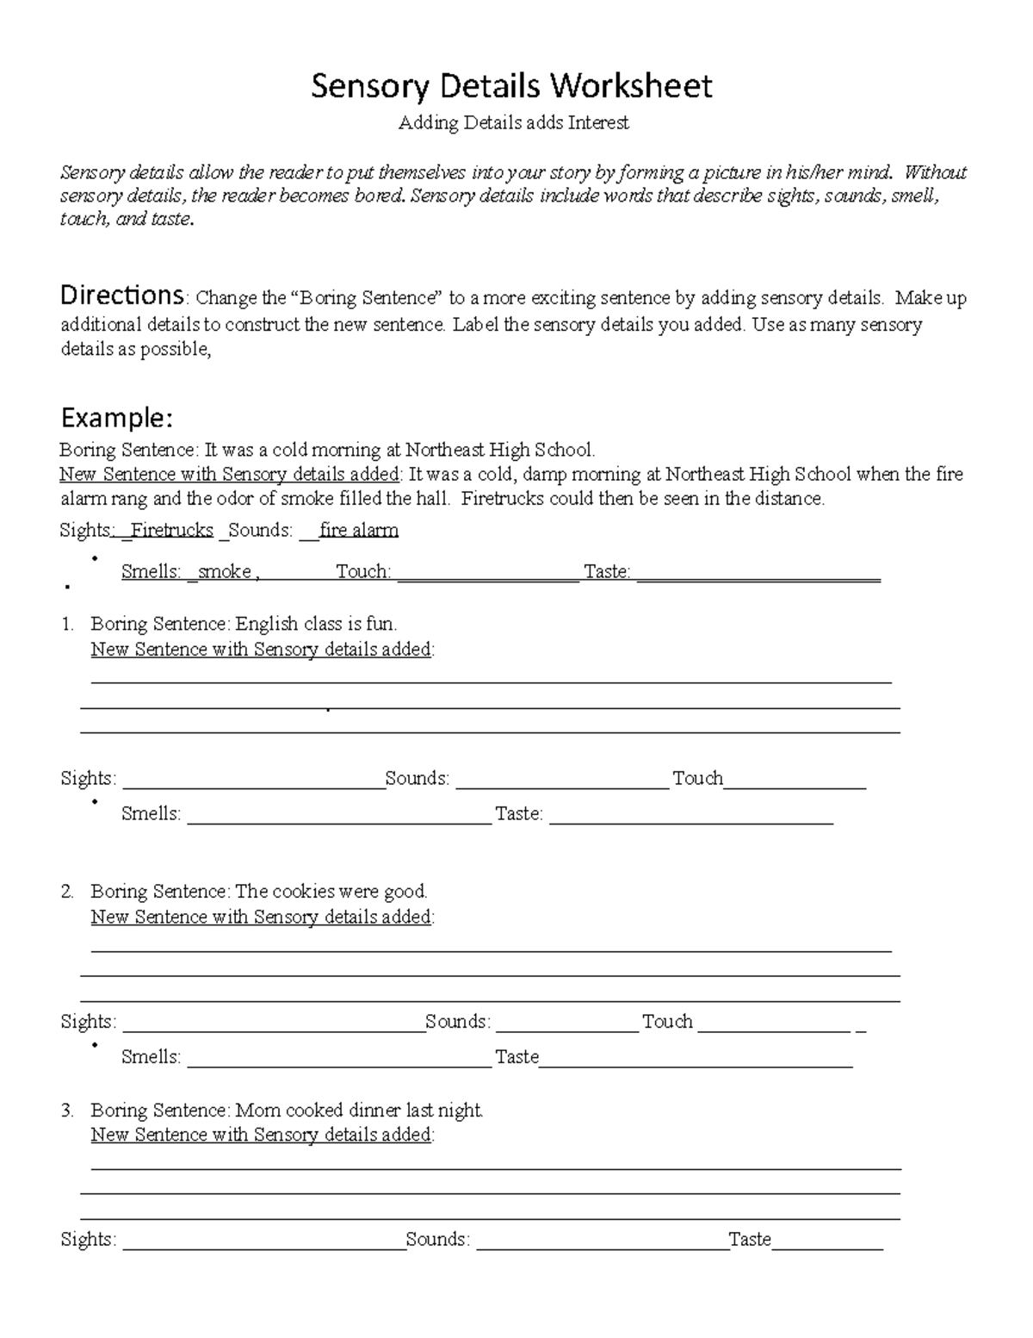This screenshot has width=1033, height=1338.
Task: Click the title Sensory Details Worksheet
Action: coord(511,86)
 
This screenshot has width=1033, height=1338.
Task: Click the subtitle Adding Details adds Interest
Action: coord(513,123)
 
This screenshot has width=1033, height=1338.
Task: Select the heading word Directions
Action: coord(121,296)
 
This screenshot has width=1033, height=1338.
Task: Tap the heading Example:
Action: coord(116,419)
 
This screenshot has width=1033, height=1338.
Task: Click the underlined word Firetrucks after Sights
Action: coord(172,531)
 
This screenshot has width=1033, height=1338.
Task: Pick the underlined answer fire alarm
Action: coord(358,531)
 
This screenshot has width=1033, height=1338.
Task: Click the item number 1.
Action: coord(67,624)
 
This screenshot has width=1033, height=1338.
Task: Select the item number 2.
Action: coord(67,892)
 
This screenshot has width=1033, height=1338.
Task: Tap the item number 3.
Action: coord(67,1111)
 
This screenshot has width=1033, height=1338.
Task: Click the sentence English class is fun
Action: coord(316,624)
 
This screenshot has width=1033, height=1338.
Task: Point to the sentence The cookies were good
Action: coord(331,892)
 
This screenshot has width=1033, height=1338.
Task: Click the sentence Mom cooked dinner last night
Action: coord(359,1111)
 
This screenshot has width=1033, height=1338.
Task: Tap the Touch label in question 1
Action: coord(697,779)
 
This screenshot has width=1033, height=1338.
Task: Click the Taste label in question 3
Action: coord(749,1240)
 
